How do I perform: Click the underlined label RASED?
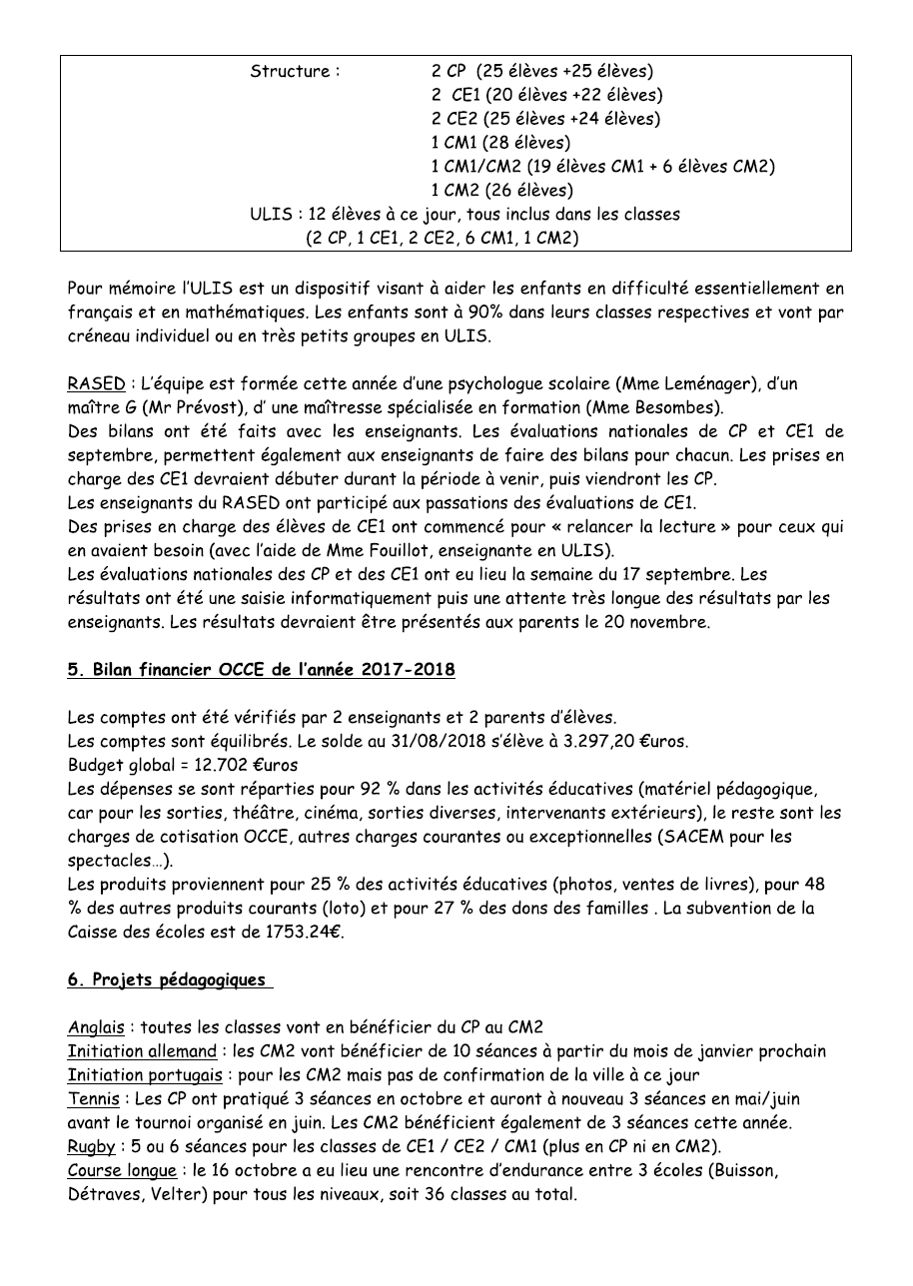[95, 384]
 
